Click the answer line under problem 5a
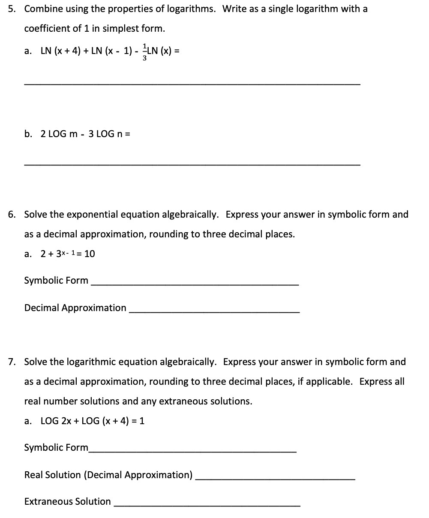[x=192, y=84]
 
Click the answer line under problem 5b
[x=192, y=165]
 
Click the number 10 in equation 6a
[x=90, y=254]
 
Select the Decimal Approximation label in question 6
[x=75, y=308]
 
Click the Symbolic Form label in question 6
[x=56, y=281]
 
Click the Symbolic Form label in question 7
[x=56, y=448]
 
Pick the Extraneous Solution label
[x=67, y=501]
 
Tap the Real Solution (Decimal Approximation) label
[x=108, y=475]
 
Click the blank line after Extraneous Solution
[x=207, y=506]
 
